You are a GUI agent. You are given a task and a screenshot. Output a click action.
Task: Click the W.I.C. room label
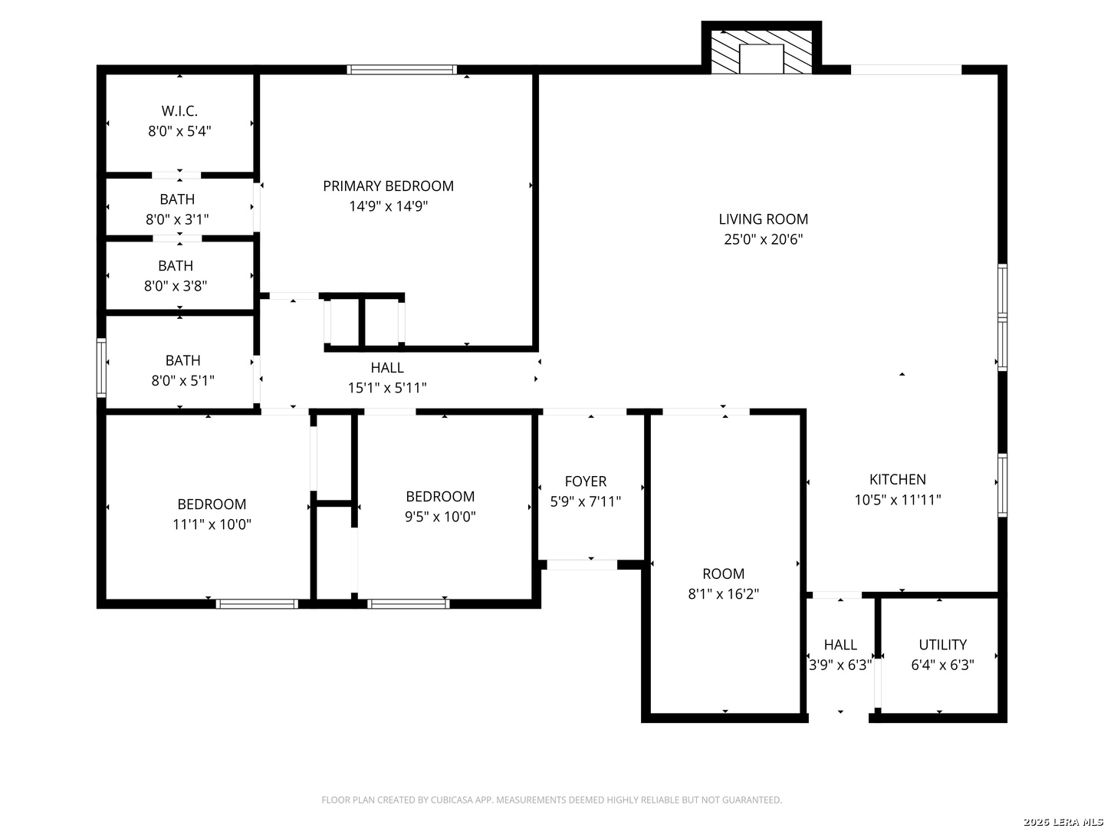click(x=179, y=110)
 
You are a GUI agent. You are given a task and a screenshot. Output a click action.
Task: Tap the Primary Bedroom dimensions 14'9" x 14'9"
click(x=388, y=206)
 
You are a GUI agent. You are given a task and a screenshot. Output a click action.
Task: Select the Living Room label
click(x=763, y=219)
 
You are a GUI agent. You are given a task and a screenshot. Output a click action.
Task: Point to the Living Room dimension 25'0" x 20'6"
click(x=763, y=239)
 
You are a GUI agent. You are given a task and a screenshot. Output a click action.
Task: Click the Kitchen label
click(x=897, y=479)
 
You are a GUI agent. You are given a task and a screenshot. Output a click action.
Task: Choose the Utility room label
click(x=942, y=645)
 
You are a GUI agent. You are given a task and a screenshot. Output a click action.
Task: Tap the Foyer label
click(x=585, y=481)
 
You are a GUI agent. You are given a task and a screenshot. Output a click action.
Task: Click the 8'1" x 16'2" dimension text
click(x=723, y=593)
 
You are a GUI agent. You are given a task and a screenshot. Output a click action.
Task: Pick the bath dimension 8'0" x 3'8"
click(x=175, y=285)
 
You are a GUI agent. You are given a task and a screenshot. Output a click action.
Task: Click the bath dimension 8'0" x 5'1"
click(x=182, y=380)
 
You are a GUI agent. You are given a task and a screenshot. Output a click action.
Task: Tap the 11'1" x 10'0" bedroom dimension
click(x=212, y=524)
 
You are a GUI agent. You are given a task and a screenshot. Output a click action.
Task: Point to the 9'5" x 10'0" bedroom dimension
click(x=439, y=517)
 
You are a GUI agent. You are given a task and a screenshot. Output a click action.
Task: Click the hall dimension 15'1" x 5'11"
click(x=386, y=388)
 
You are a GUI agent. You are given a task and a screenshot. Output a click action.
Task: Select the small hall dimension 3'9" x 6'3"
click(x=839, y=665)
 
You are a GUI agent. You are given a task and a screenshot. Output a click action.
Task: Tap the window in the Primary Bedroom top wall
click(x=402, y=69)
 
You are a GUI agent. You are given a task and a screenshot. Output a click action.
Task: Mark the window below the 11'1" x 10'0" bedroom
click(x=257, y=604)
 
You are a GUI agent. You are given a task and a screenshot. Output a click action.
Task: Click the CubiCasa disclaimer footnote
click(x=551, y=800)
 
